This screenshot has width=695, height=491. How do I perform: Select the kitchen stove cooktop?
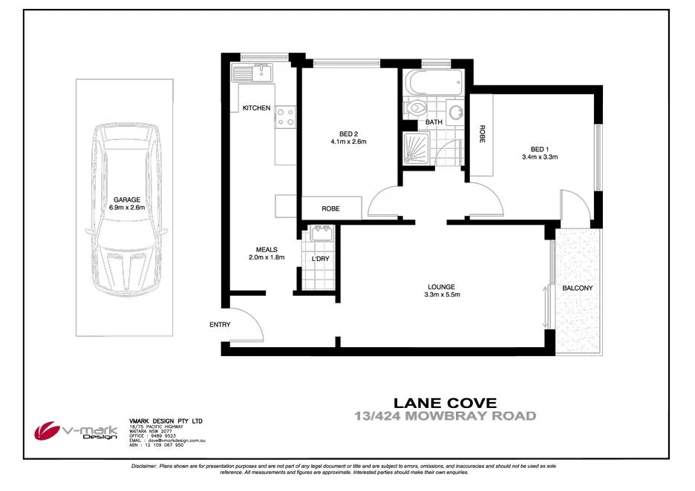[x=286, y=116]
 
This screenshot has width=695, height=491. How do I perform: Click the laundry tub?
[x=321, y=234]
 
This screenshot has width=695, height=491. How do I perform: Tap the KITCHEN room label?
[x=256, y=108]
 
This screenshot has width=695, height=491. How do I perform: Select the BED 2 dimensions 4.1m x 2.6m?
[x=348, y=142]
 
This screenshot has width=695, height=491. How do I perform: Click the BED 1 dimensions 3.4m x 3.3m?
[x=540, y=156]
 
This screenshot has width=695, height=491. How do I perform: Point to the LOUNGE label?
[x=441, y=287]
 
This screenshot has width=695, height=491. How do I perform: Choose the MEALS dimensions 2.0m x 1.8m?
[x=267, y=257]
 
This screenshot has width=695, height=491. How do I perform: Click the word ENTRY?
[x=220, y=325]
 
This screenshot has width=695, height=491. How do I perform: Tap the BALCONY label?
[x=577, y=288]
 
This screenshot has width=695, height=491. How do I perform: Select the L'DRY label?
[x=320, y=258]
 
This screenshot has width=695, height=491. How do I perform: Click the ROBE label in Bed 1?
[x=481, y=134]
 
